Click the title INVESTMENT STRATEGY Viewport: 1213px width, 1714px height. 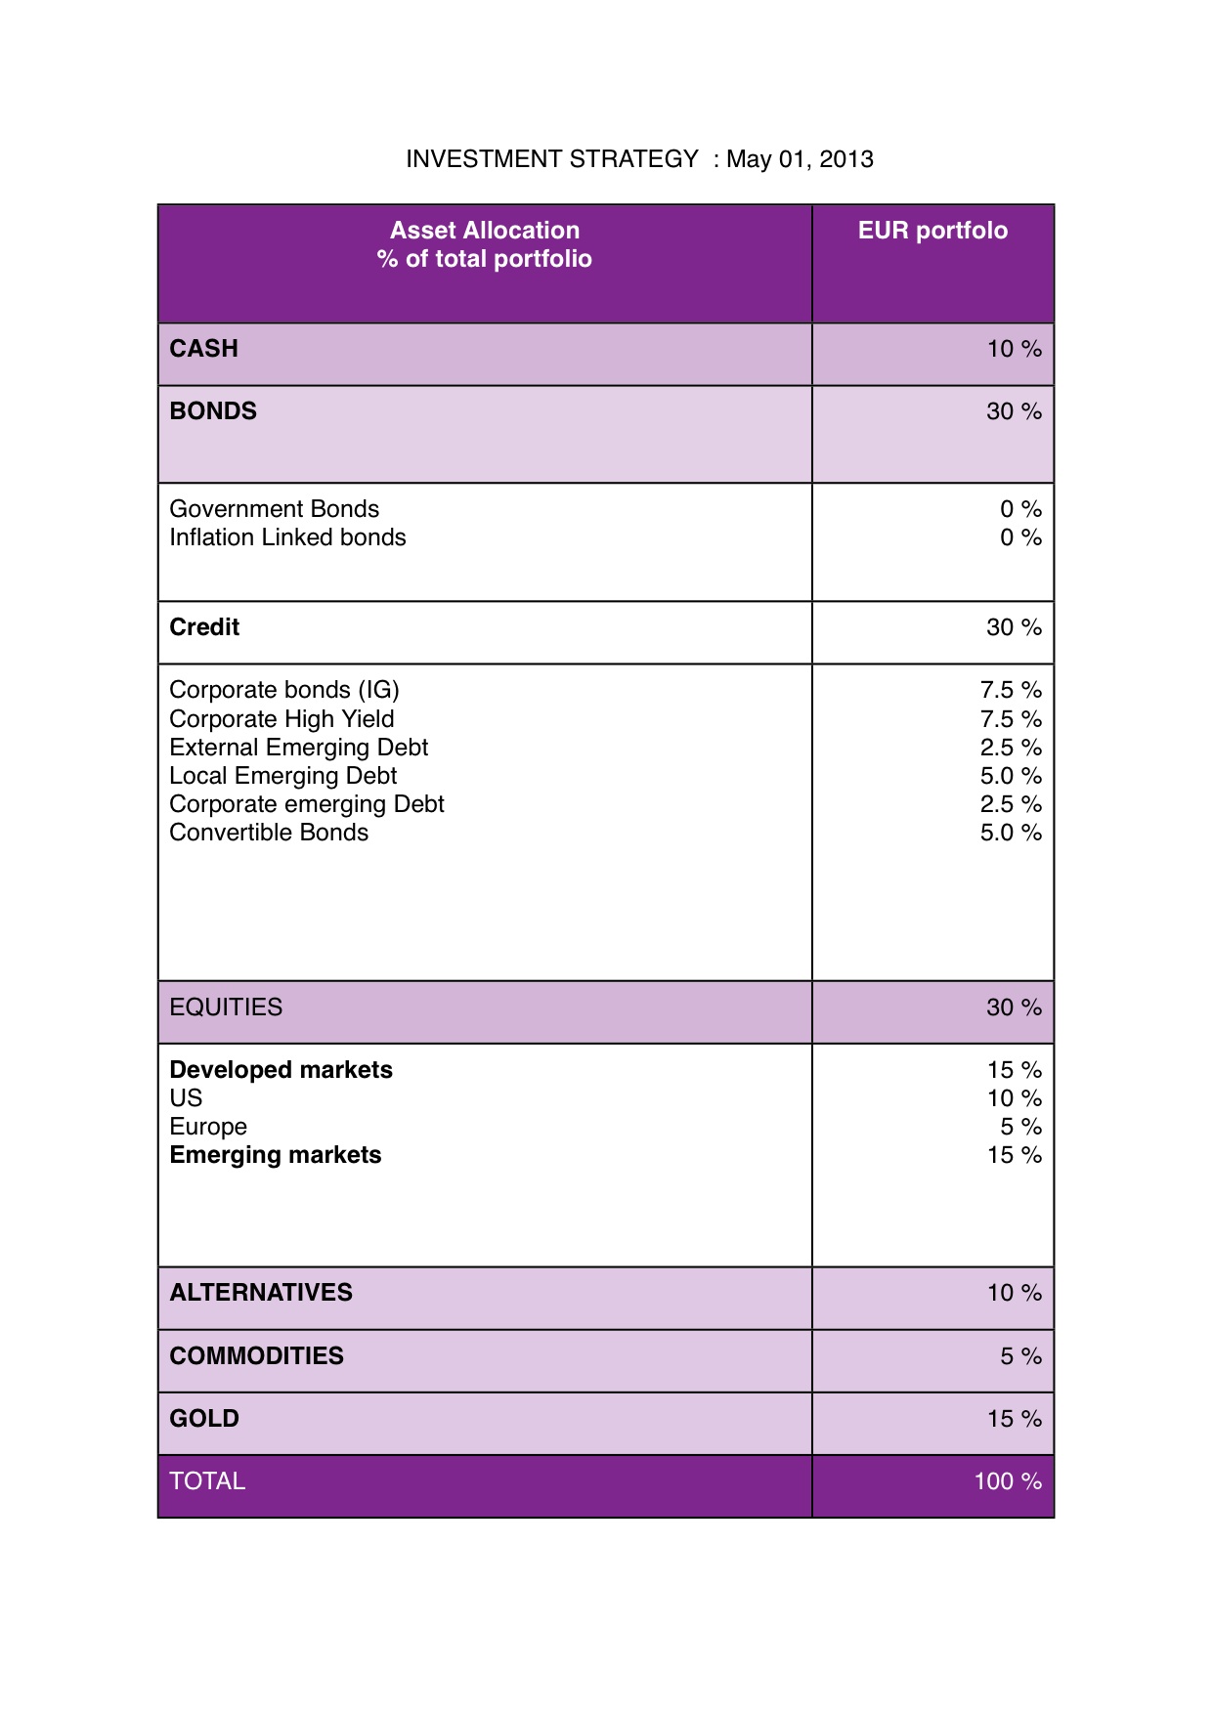point(552,159)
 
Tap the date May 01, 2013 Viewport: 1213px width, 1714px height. point(800,159)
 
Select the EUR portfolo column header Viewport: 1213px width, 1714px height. point(932,231)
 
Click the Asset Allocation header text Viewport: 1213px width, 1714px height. point(485,231)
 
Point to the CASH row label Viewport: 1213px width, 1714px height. point(203,349)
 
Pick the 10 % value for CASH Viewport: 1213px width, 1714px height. point(1014,349)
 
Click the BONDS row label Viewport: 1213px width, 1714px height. point(213,411)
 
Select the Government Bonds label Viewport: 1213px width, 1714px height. point(274,509)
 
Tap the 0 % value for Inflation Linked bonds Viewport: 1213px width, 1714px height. point(1020,537)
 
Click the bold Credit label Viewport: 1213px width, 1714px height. point(204,627)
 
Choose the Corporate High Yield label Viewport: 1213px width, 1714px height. point(282,719)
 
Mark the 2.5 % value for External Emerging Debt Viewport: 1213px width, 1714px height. point(1011,748)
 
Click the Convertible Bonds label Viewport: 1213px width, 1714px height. point(269,833)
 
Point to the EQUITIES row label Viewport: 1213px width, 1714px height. point(226,1007)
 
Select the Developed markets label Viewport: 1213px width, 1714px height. point(281,1070)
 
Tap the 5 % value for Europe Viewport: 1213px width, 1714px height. point(1020,1127)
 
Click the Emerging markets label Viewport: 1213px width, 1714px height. point(276,1155)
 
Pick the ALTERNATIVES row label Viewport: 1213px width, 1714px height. point(261,1293)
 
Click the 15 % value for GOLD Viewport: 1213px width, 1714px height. point(1014,1419)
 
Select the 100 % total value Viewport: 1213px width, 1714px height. point(1008,1481)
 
